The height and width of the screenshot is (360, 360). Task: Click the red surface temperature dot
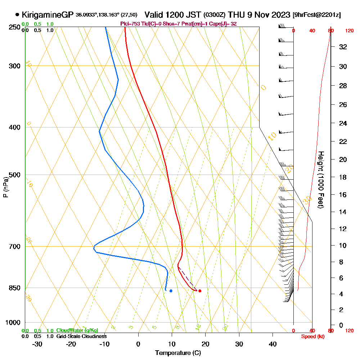pos(200,291)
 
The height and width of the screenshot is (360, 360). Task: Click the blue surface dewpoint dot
pos(171,291)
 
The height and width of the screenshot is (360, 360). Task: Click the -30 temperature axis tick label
pos(37,344)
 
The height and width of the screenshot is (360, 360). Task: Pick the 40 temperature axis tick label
pos(273,344)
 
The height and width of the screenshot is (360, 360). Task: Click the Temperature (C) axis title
pos(178,353)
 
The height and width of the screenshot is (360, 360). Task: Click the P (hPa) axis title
pos(6,187)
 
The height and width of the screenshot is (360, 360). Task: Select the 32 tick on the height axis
pos(343,47)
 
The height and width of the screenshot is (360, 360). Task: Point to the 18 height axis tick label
pos(343,177)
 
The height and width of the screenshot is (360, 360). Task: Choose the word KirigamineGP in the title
pos(48,15)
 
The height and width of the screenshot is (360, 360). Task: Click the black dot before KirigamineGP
pos(17,15)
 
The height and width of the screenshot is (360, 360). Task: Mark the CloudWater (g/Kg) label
pos(77,330)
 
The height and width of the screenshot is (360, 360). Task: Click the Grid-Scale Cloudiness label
pos(81,336)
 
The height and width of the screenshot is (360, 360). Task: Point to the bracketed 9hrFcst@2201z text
pos(317,15)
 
